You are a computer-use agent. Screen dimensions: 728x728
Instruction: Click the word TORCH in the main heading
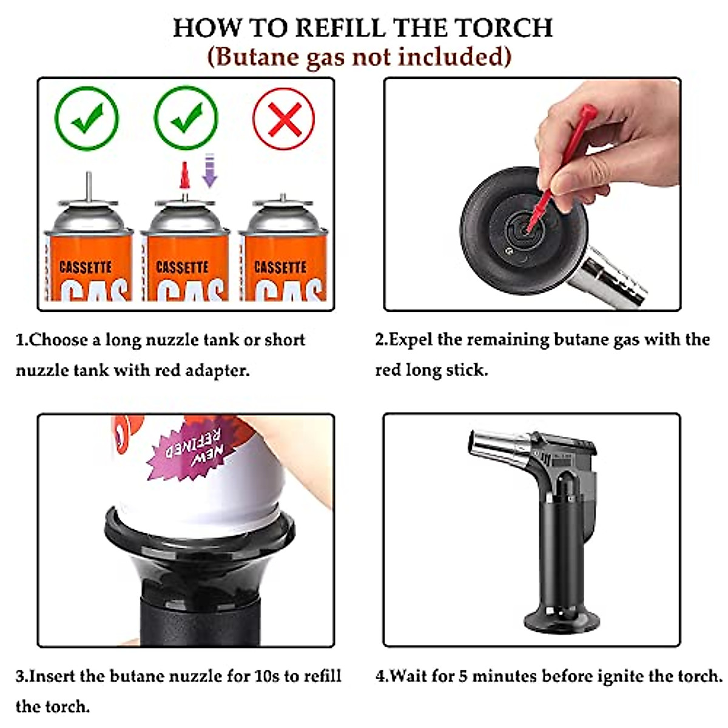click(503, 27)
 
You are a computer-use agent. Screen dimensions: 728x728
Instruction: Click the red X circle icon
click(283, 118)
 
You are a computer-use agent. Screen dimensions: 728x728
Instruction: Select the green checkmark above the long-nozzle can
click(87, 118)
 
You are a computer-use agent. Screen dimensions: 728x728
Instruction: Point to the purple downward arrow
click(210, 170)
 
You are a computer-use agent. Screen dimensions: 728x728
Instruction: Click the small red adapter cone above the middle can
click(184, 175)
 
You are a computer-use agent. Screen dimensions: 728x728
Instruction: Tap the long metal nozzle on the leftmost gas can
click(89, 187)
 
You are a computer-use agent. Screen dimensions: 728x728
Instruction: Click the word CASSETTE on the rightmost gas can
click(280, 267)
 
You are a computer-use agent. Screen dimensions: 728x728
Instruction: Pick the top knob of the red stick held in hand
click(588, 111)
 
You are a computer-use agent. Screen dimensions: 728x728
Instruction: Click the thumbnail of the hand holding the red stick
click(532, 194)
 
